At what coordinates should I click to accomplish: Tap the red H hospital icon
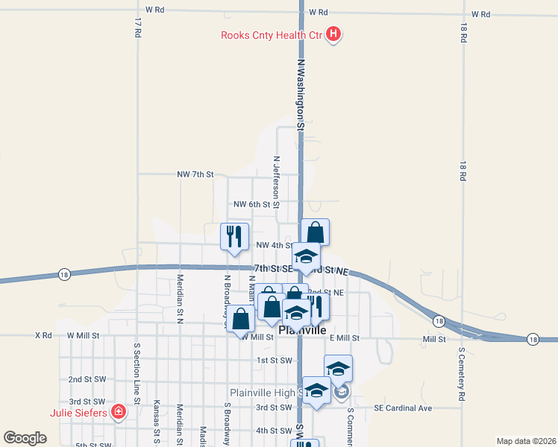pyautogui.click(x=333, y=34)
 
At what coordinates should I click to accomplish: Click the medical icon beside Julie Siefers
pyautogui.click(x=118, y=410)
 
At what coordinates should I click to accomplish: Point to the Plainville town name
pyautogui.click(x=302, y=329)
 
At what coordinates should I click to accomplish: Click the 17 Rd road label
pyautogui.click(x=138, y=29)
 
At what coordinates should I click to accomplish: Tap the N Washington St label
pyautogui.click(x=301, y=95)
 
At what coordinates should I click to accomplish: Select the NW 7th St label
pyautogui.click(x=195, y=174)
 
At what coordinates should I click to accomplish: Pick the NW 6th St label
pyautogui.click(x=256, y=204)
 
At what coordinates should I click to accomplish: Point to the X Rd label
pyautogui.click(x=43, y=336)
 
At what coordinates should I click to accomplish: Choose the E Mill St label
pyautogui.click(x=345, y=337)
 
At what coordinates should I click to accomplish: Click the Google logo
pyautogui.click(x=25, y=437)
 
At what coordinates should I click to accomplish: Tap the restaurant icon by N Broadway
pyautogui.click(x=235, y=236)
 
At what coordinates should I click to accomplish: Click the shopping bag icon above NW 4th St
pyautogui.click(x=315, y=232)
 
